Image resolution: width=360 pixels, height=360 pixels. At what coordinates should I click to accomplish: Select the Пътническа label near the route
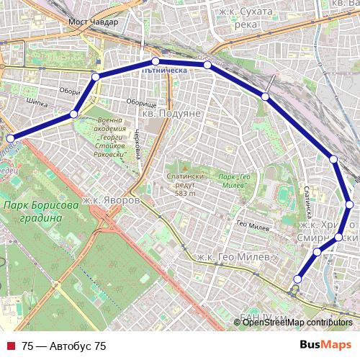(x=166, y=71)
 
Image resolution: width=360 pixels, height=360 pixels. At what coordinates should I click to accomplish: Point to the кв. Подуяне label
(x=168, y=114)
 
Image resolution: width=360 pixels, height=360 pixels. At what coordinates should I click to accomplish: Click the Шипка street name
(x=35, y=102)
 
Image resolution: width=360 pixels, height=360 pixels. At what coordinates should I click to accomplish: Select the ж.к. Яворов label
(x=110, y=199)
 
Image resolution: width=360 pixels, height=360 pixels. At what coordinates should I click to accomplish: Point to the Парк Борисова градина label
(x=40, y=212)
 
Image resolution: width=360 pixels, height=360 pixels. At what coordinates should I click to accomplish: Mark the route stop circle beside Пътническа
(x=155, y=60)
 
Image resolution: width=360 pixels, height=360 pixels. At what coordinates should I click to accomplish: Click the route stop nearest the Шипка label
(x=73, y=114)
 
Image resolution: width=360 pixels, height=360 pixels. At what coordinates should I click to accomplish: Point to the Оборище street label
(x=141, y=104)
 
